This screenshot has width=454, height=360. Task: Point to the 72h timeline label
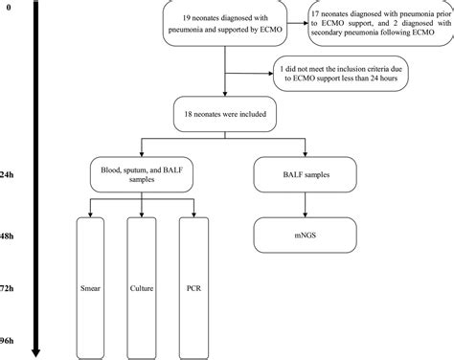pyautogui.click(x=10, y=284)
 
